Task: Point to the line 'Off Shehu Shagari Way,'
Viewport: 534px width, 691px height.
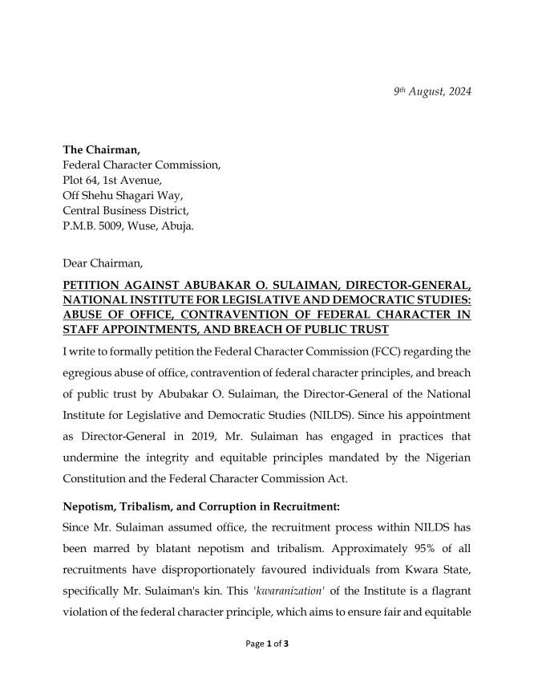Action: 122,195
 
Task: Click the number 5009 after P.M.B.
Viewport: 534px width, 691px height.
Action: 114,226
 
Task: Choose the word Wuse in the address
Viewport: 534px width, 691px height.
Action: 146,226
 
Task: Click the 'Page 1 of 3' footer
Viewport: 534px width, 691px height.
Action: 267,665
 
